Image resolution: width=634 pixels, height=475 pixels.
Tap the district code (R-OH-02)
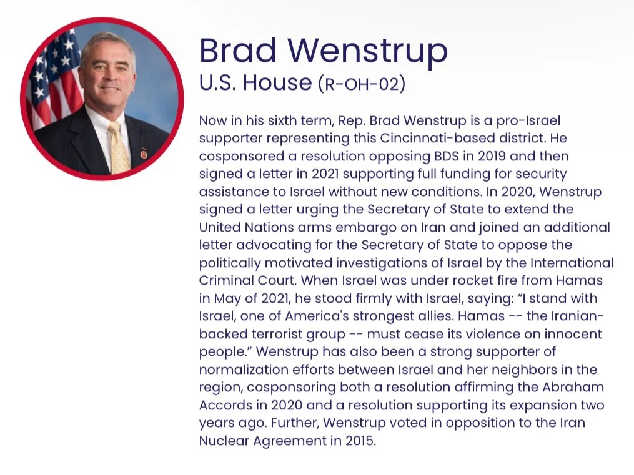362,84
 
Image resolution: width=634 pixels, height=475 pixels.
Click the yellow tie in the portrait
118,146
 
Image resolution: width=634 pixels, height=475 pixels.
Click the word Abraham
574,388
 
